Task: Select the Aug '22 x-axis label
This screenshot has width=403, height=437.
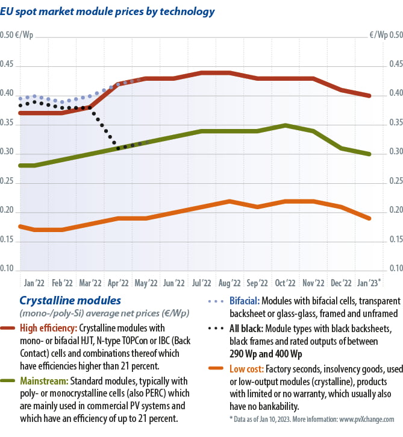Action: pos(230,282)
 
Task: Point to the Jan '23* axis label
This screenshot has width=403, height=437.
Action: pos(369,282)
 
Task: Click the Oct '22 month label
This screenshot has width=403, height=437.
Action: pos(285,282)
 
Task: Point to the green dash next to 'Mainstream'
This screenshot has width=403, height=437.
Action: pos(9,381)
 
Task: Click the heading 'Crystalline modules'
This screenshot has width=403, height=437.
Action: pos(70,300)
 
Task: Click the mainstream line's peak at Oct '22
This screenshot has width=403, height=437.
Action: pos(285,125)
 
